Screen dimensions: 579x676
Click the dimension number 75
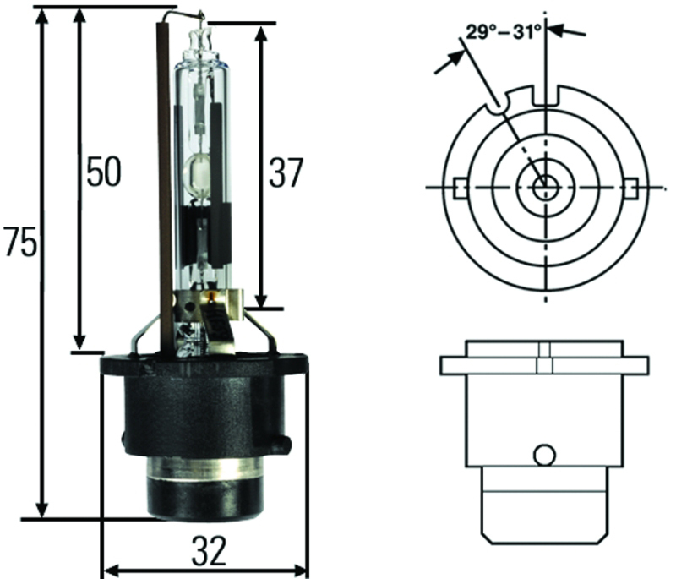(x=19, y=243)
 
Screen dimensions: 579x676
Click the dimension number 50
(x=103, y=172)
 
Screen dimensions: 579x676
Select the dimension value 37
(x=285, y=173)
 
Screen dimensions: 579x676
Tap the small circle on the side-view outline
(x=544, y=455)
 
